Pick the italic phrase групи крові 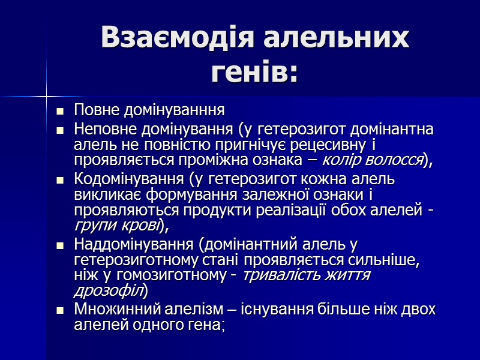pyautogui.click(x=116, y=226)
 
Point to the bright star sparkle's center pyautogui.click(x=46, y=95)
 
